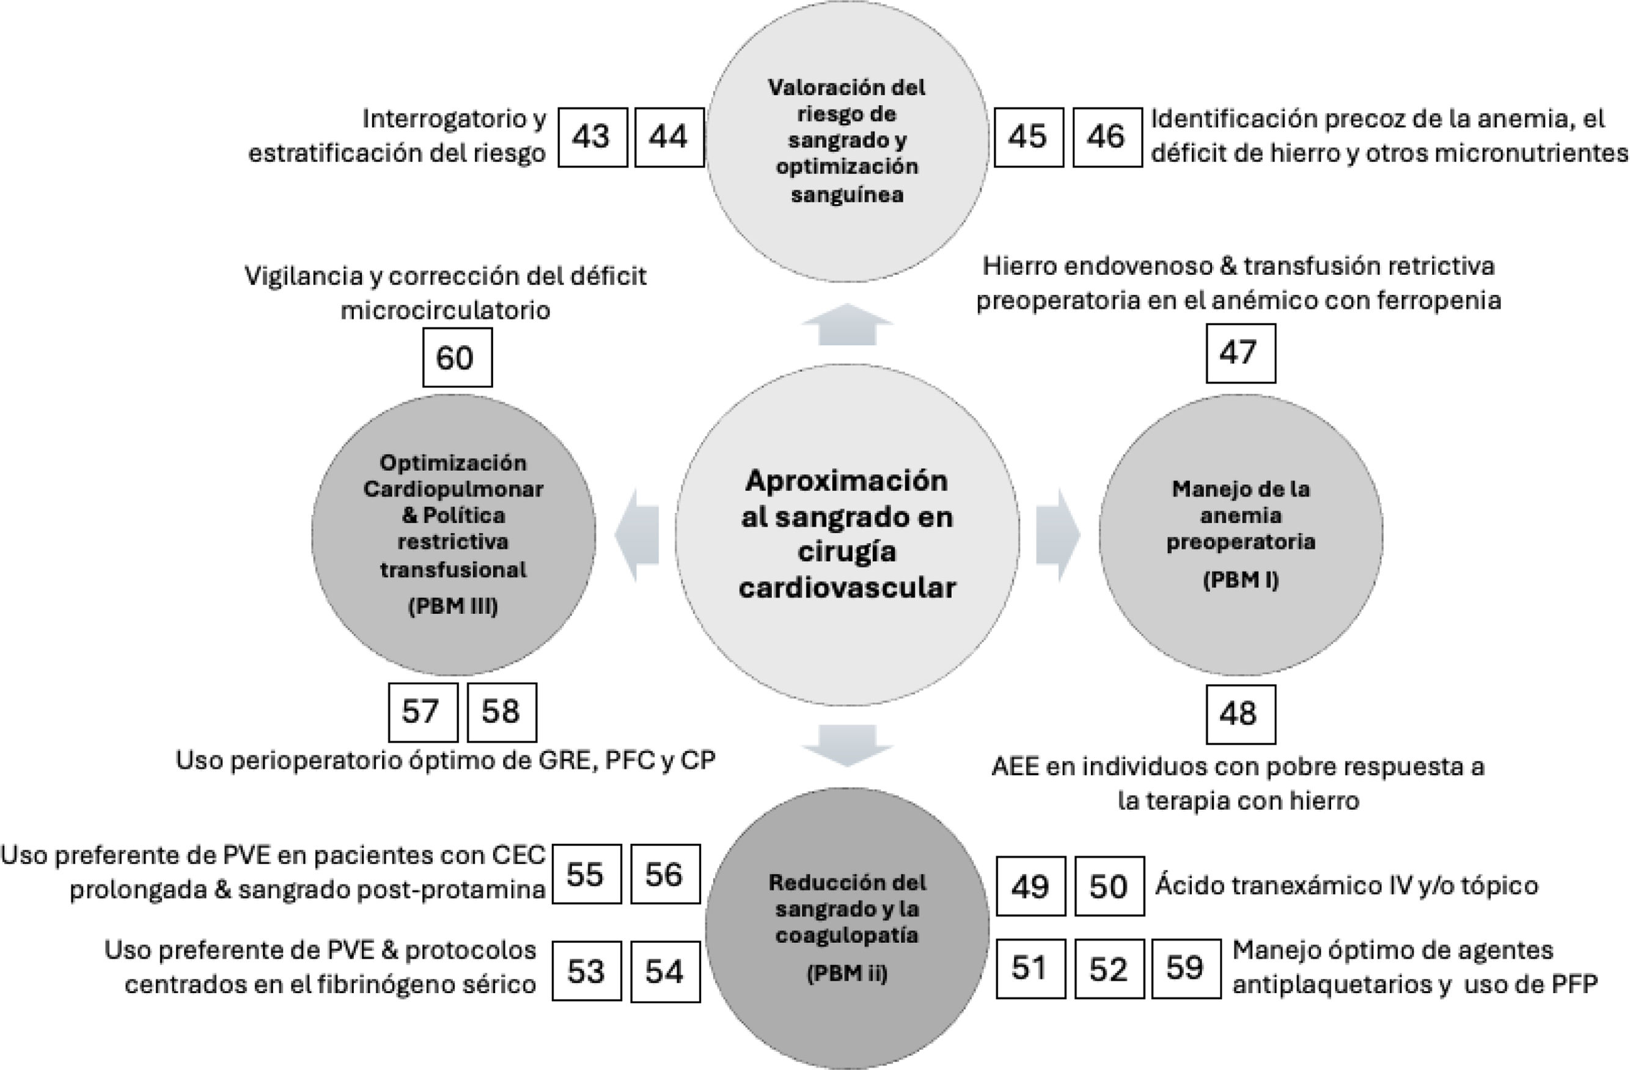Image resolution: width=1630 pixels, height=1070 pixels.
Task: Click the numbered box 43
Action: tap(592, 137)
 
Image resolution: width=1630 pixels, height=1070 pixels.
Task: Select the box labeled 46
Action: tap(1107, 137)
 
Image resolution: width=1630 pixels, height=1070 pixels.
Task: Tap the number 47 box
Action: tap(1240, 353)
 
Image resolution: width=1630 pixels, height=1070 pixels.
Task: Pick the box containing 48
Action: tap(1240, 714)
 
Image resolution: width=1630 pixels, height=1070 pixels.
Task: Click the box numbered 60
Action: tap(457, 357)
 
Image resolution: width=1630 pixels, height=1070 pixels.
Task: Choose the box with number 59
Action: tap(1186, 968)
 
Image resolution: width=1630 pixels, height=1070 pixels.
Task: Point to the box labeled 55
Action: tap(586, 873)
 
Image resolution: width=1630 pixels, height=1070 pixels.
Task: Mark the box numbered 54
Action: tap(665, 972)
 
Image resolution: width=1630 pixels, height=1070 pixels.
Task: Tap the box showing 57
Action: tap(422, 712)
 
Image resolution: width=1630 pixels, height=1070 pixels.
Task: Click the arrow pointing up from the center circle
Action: tap(847, 323)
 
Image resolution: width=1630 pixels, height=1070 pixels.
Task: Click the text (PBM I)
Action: tap(1240, 580)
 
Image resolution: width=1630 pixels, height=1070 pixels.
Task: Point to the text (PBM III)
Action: tap(453, 606)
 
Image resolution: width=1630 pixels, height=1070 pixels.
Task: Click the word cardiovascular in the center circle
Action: tap(847, 588)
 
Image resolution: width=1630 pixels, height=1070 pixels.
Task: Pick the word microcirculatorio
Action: tap(445, 310)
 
